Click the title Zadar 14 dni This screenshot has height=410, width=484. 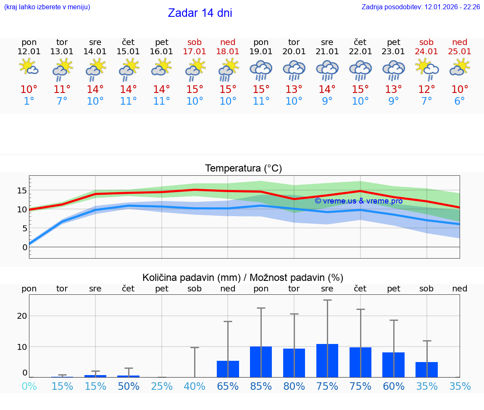[x=200, y=13]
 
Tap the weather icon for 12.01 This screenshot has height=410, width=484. [x=29, y=67]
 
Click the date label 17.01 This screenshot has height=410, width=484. [x=195, y=52]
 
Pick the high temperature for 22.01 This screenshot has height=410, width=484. [x=360, y=90]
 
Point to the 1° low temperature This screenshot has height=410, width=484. [x=29, y=101]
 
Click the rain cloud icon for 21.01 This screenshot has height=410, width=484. [x=327, y=70]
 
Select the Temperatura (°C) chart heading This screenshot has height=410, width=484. [x=243, y=169]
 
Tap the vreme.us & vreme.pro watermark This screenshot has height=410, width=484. [x=358, y=201]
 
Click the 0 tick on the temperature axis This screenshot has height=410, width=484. [x=24, y=247]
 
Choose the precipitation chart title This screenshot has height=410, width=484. [x=243, y=278]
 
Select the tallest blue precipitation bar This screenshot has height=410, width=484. [x=327, y=360]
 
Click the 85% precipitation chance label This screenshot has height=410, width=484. [x=261, y=386]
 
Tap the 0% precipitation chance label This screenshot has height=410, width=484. [x=29, y=386]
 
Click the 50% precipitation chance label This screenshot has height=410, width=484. [x=128, y=386]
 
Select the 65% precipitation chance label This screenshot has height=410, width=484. [x=228, y=386]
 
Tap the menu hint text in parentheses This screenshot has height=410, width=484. [x=47, y=7]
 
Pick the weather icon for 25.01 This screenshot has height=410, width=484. [x=460, y=67]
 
